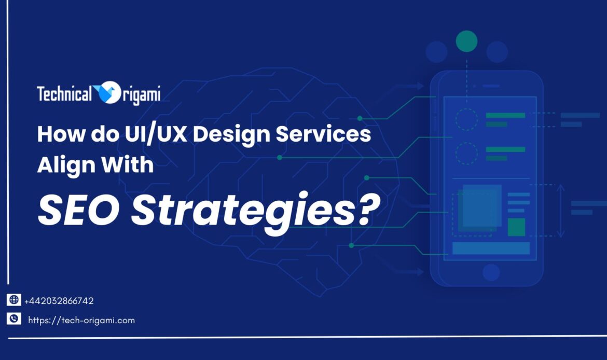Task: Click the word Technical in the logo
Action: tap(64, 94)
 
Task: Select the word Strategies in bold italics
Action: tap(239, 210)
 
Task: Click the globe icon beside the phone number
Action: tap(14, 300)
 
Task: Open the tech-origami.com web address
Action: tap(81, 321)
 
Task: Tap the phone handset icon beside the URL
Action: tap(14, 320)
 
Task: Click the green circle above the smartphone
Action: tap(466, 41)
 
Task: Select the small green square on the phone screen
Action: tap(516, 227)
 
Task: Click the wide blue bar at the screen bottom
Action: tap(491, 248)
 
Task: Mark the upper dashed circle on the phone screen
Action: tap(466, 119)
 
